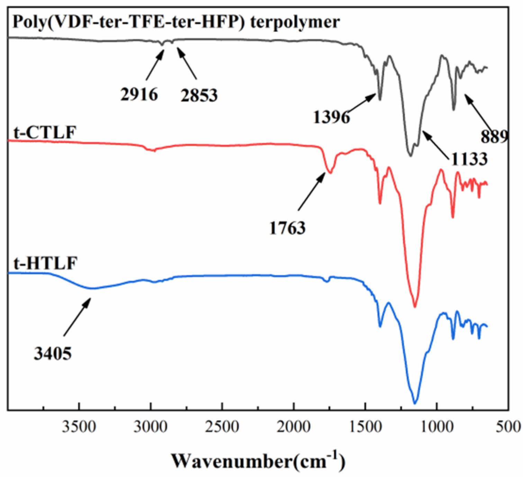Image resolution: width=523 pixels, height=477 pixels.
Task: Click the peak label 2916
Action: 139,94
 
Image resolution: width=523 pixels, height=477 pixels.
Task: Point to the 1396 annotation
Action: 332,118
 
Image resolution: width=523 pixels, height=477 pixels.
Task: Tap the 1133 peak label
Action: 469,159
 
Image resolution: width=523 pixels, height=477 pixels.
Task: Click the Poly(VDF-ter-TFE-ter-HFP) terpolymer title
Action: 176,24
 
